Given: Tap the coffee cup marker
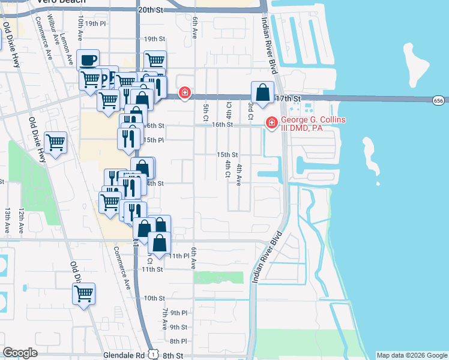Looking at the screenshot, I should tap(88, 61).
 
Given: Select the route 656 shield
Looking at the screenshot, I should tap(438, 101).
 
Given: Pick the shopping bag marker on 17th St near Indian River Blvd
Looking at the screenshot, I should tap(262, 93).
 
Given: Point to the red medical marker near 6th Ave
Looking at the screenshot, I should tap(185, 92).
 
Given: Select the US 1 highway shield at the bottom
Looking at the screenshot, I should tap(154, 355).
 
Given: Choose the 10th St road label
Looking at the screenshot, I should tap(154, 298).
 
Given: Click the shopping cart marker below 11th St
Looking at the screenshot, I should tap(84, 294).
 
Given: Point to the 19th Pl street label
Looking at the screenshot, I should tap(95, 23).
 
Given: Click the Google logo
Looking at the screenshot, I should tap(20, 353).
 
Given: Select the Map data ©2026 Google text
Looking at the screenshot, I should tap(411, 355).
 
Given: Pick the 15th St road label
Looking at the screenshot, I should tap(228, 154).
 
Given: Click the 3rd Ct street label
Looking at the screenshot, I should tap(251, 110).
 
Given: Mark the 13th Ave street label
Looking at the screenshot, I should tap(8, 220).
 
